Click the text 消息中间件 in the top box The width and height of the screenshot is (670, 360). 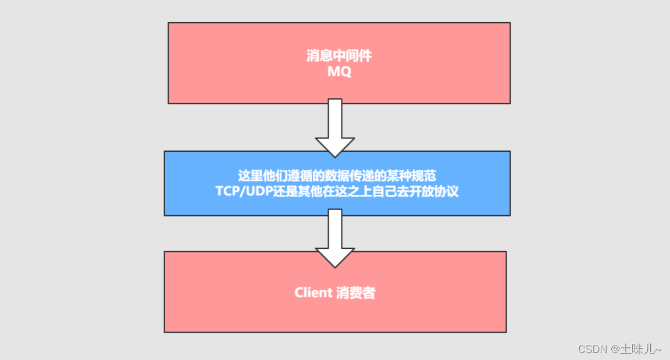point(338,56)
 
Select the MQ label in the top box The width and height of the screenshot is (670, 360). point(338,72)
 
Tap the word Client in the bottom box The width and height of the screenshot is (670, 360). point(313,293)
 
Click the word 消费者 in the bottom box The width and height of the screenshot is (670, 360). point(356,293)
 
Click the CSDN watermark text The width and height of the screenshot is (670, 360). point(592,348)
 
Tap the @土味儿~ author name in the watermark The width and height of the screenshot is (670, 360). point(636,348)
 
